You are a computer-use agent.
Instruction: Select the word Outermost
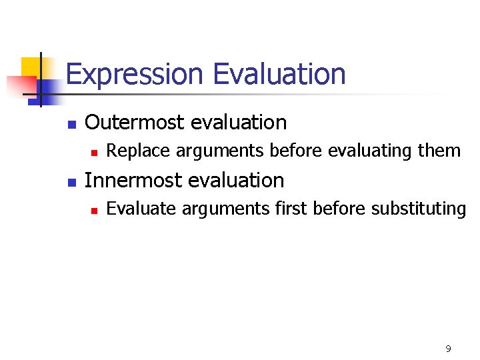click(135, 123)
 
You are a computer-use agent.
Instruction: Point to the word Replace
click(131, 151)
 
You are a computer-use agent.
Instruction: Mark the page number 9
click(448, 349)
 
